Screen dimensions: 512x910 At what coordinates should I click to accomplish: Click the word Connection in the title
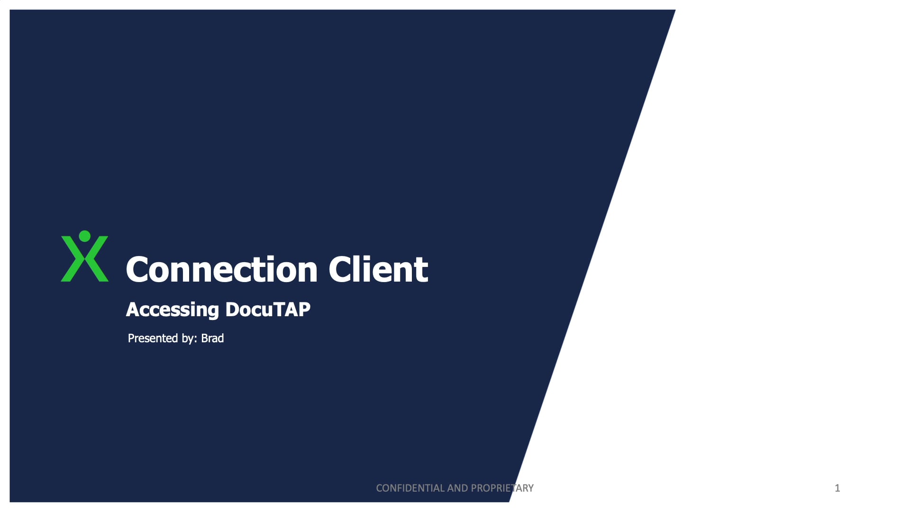pyautogui.click(x=221, y=270)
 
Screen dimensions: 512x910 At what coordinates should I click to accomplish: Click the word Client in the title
pyautogui.click(x=378, y=270)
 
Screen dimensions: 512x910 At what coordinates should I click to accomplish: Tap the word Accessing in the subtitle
pyautogui.click(x=172, y=310)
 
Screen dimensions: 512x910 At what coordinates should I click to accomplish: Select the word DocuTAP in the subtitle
pyautogui.click(x=268, y=310)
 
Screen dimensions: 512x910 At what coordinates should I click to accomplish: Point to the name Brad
pyautogui.click(x=212, y=338)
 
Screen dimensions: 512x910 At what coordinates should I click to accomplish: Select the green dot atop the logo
pyautogui.click(x=85, y=236)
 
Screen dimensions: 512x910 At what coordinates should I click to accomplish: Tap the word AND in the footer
pyautogui.click(x=458, y=488)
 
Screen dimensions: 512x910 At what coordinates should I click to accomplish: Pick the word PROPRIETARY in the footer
pyautogui.click(x=502, y=488)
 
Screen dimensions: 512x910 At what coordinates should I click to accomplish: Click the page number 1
pyautogui.click(x=837, y=488)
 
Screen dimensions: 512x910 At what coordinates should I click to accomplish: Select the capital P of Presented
pyautogui.click(x=131, y=338)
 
